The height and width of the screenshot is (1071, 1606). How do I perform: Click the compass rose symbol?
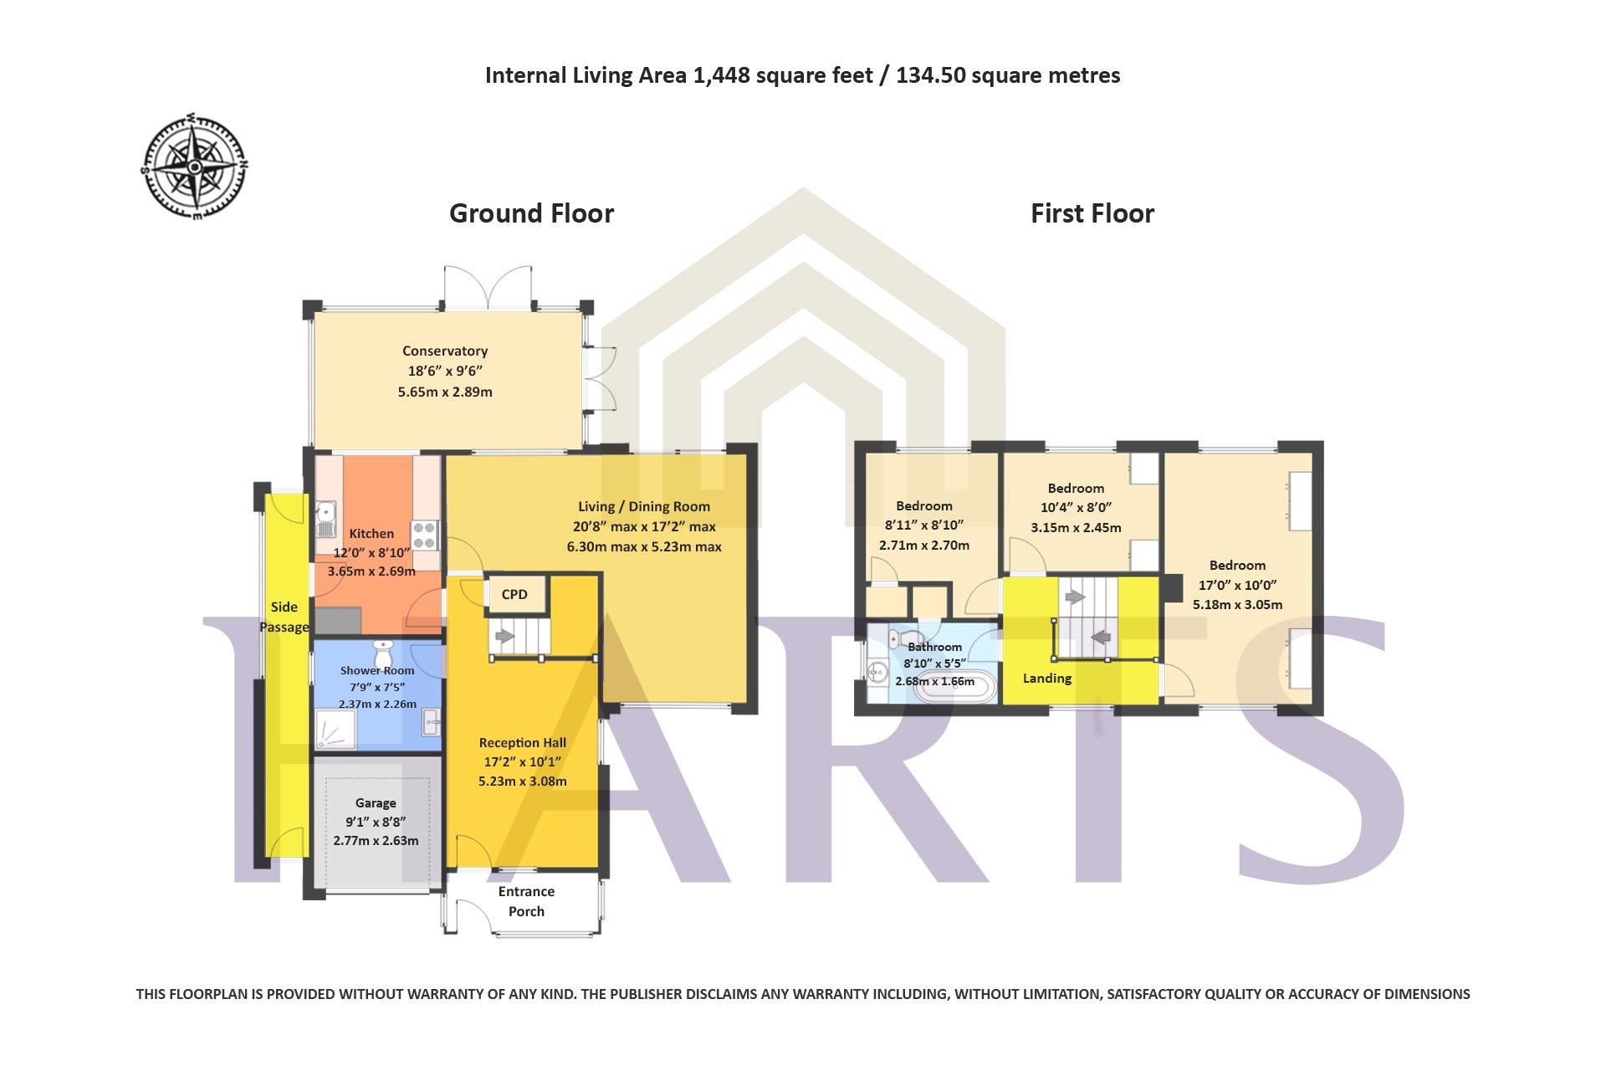click(194, 167)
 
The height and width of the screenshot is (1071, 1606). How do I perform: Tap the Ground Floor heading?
click(531, 213)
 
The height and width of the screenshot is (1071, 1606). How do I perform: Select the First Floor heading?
click(1092, 213)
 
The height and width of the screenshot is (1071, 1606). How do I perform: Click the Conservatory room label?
click(445, 351)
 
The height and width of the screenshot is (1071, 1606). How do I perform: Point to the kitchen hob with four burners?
click(425, 535)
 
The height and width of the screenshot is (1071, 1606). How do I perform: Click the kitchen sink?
click(325, 519)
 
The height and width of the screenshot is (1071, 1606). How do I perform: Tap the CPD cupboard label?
click(514, 594)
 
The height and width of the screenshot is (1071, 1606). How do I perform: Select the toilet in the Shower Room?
click(383, 654)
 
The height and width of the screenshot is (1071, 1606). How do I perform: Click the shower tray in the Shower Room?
click(335, 730)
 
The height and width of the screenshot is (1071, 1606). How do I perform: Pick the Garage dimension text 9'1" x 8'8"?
click(376, 822)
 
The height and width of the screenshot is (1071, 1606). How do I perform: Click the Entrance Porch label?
click(526, 901)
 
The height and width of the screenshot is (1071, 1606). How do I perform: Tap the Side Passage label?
click(284, 617)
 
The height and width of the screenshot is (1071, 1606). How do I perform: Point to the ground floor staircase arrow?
click(504, 637)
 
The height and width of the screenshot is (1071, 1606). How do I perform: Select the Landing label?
click(1047, 678)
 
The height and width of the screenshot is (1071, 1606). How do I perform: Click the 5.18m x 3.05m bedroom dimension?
click(1237, 604)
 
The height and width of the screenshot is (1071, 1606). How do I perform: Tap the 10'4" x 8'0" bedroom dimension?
click(1076, 507)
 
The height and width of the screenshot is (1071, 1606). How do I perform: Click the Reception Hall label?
click(522, 742)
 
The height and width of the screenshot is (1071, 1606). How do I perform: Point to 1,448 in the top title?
click(721, 76)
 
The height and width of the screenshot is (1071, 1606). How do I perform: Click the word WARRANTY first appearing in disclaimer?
click(444, 994)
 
